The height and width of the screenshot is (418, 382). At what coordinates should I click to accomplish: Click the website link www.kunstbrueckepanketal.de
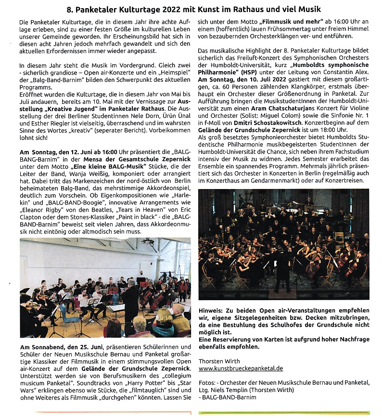tap(241, 368)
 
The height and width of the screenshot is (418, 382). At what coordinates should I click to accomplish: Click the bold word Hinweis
tap(212, 311)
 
